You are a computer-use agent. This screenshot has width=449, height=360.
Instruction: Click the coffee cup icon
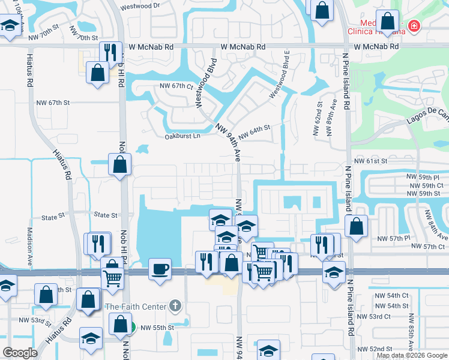coord(160,268)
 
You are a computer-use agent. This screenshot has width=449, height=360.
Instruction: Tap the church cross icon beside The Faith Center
coord(175,307)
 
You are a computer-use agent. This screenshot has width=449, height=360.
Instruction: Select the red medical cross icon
coord(413,26)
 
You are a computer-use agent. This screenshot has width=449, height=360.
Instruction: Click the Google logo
coord(20,353)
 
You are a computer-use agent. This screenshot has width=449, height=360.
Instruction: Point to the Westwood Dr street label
coord(140,6)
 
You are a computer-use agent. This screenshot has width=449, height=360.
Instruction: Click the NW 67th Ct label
coord(176,86)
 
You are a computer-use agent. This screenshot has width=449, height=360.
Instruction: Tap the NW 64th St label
coord(255,131)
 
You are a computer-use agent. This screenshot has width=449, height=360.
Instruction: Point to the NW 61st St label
coord(369,161)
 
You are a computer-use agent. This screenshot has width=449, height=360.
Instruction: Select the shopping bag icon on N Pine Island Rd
coord(357,226)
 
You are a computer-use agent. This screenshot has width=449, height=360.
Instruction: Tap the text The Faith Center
coord(135,307)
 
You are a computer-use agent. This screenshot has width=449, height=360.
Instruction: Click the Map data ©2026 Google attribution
coord(412,355)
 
